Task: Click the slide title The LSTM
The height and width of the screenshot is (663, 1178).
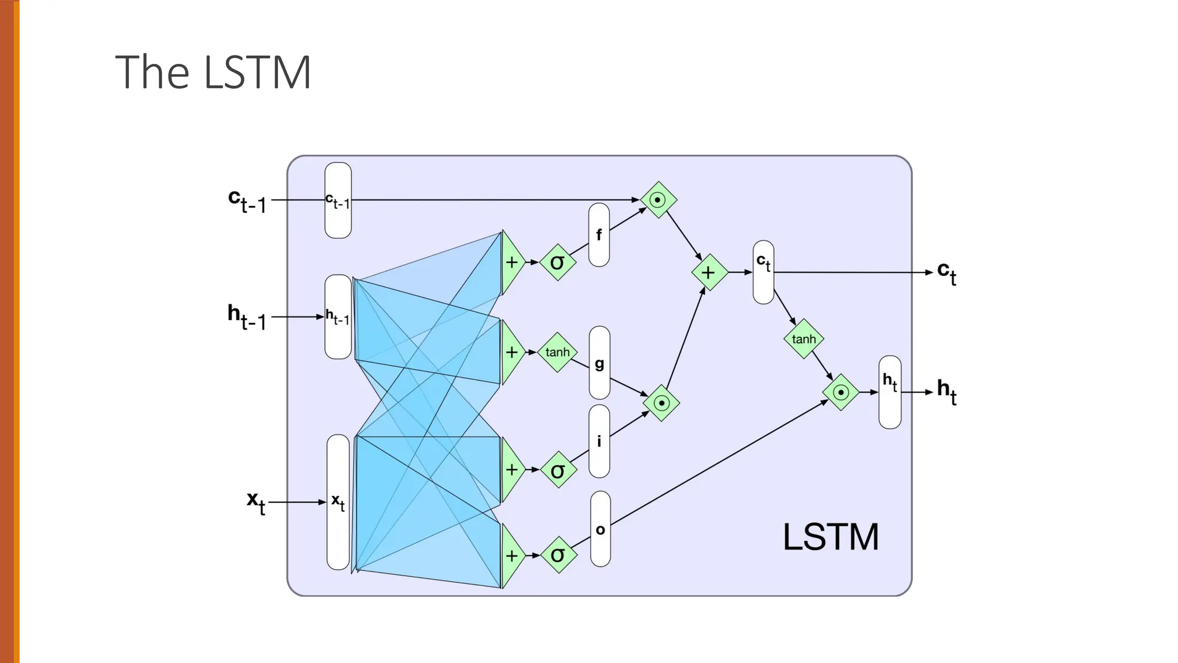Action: pos(213,72)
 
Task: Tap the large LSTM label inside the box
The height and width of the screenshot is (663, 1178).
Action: pos(830,537)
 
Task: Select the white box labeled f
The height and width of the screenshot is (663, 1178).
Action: pos(599,235)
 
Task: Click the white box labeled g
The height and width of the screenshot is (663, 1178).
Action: pos(599,363)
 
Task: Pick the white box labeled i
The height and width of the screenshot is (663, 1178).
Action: pos(599,441)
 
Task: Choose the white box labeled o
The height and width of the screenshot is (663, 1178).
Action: pos(600,529)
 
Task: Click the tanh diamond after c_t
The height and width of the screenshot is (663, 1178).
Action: pos(804,339)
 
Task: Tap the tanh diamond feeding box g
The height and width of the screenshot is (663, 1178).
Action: pos(557,352)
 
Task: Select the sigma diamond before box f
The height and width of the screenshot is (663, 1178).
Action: pos(557,262)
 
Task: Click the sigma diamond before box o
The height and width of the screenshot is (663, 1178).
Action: pos(558,555)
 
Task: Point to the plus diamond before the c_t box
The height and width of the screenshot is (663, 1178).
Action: pos(709,272)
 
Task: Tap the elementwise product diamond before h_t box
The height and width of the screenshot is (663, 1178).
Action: pos(840,393)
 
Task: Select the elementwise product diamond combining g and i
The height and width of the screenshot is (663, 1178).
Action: pos(661,403)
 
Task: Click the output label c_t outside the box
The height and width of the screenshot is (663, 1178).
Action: pos(946,272)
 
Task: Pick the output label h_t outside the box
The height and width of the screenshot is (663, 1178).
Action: pos(946,391)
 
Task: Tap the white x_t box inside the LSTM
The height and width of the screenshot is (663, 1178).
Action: pos(338,502)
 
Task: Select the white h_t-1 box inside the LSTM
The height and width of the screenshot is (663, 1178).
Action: pos(338,317)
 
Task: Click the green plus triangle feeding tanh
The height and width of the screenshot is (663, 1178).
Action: pos(511,352)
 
